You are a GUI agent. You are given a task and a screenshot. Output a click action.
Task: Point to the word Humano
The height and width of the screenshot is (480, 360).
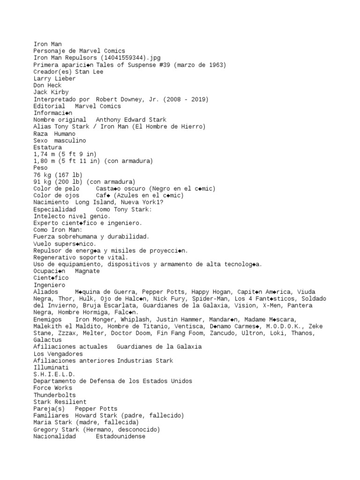(65, 134)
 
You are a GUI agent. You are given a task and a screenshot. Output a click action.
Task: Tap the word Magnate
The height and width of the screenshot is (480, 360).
(88, 271)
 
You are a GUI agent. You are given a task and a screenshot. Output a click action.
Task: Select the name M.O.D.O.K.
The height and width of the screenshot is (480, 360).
(283, 326)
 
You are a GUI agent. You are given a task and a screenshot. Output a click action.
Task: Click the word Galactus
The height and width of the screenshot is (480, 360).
(47, 340)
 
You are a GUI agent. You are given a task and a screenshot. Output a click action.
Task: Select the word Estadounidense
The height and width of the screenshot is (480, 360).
(121, 436)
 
